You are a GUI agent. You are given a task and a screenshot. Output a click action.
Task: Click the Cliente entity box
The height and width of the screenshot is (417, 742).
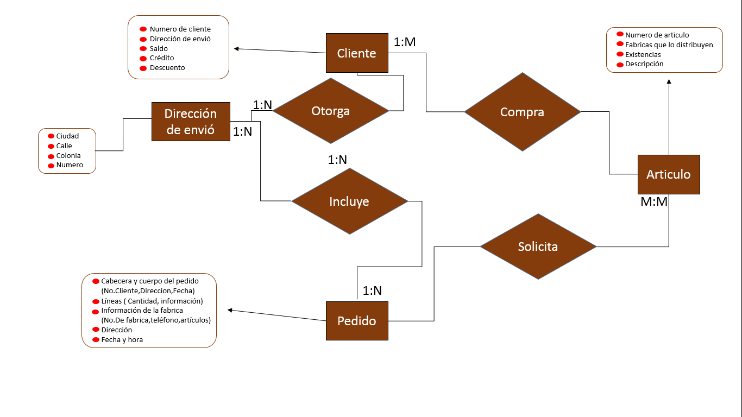point(357,53)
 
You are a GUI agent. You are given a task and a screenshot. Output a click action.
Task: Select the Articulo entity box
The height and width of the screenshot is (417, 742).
point(668,174)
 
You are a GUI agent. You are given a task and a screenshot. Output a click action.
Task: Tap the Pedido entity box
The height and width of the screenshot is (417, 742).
point(357,321)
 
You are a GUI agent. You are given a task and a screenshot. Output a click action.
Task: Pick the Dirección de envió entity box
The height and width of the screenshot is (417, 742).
point(191,122)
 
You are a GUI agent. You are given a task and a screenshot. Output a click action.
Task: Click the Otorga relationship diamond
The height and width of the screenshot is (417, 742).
point(330,111)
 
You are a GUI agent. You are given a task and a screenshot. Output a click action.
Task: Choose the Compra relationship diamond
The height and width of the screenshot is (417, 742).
point(522,112)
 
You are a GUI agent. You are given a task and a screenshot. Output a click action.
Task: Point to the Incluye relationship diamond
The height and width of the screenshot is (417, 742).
point(349,201)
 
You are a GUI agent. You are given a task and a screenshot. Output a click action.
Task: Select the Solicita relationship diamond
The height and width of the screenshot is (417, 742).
point(538,247)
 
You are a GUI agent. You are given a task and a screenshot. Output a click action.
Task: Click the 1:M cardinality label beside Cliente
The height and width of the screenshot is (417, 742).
point(405,42)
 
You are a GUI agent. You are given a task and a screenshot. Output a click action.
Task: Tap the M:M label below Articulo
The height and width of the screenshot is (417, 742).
point(654,202)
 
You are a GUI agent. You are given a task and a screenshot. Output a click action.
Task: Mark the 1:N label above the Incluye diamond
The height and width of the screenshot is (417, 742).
point(337,160)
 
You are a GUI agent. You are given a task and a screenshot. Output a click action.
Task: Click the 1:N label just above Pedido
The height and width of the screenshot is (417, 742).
point(372,291)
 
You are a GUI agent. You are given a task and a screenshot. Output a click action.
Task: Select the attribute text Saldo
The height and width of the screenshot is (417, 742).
point(159,48)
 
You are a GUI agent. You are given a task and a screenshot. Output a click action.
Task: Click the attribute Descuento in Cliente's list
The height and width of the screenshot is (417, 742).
point(167,68)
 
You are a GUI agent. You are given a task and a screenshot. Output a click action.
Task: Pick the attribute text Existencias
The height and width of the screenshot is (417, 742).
point(643,54)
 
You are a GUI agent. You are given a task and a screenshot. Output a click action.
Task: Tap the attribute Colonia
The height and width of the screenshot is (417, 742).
point(68,155)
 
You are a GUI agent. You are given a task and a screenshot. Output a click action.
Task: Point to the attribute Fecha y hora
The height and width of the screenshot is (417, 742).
point(122,339)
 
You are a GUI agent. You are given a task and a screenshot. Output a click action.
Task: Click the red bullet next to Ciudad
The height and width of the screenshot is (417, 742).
point(51,136)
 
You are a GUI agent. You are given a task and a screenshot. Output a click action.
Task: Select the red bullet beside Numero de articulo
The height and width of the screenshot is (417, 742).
point(620,34)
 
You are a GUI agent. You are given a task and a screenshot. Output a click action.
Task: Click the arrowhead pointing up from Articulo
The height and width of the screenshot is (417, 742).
point(669,81)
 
